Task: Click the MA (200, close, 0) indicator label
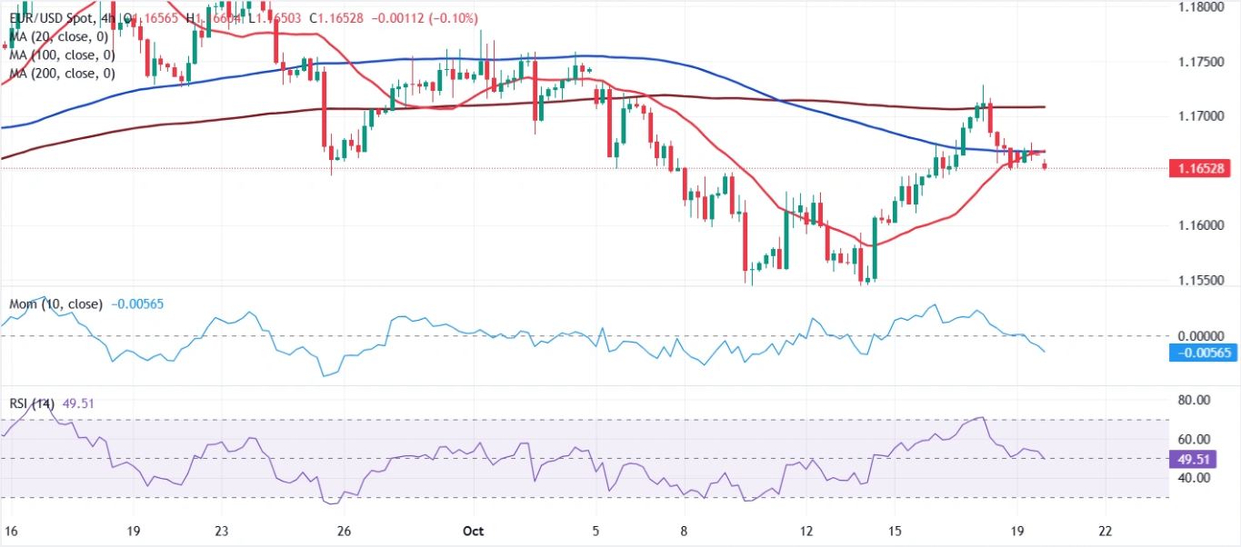tap(62, 74)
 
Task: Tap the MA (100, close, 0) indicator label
tap(62, 55)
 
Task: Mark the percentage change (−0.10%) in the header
tap(452, 18)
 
